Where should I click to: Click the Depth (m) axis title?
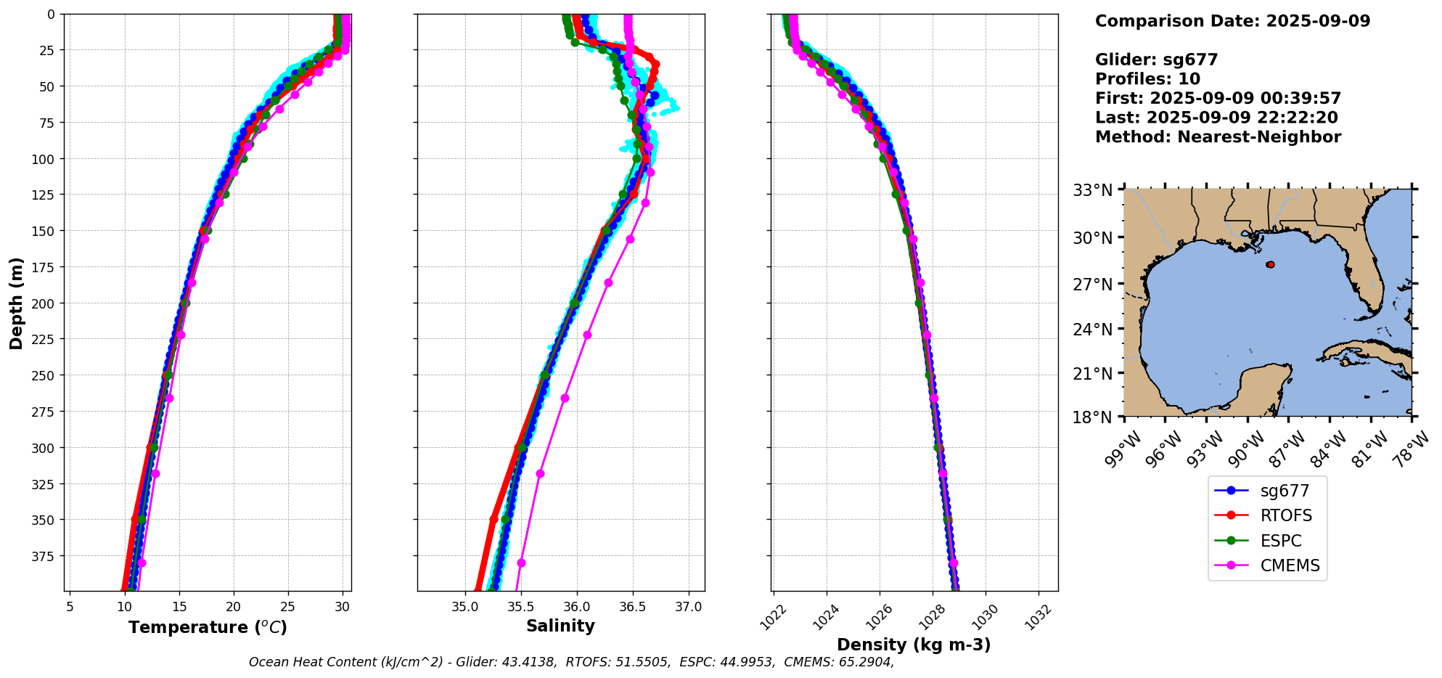pos(16,303)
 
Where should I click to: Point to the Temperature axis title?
pos(208,627)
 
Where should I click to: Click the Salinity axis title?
pos(560,626)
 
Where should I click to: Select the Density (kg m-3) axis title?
pos(914,645)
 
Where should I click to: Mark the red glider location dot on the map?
pos(1270,265)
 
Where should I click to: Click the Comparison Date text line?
pos(1232,21)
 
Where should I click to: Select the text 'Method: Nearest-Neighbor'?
pos(1218,137)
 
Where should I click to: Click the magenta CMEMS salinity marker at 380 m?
pos(521,563)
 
